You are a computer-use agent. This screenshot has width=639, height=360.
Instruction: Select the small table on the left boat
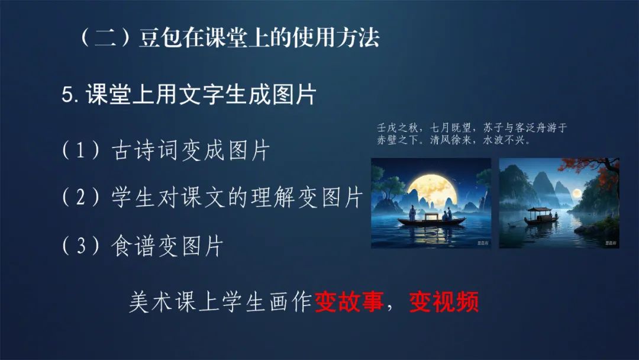pyautogui.click(x=430, y=215)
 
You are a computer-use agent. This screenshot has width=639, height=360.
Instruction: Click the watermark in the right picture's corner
pyautogui.click(x=611, y=242)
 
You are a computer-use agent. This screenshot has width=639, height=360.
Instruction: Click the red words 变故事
pyautogui.click(x=349, y=303)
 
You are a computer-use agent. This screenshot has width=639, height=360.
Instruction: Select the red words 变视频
pyautogui.click(x=444, y=303)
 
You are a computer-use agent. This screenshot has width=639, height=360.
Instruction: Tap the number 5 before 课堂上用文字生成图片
pyautogui.click(x=67, y=96)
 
